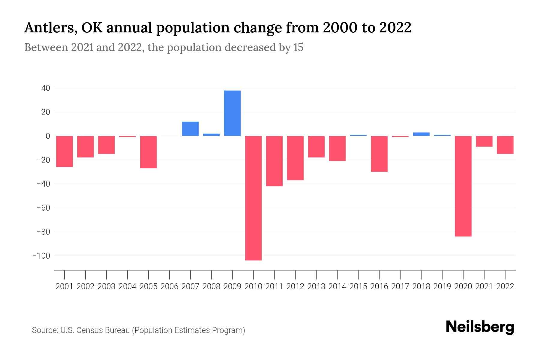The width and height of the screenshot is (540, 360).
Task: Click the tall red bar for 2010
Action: tap(253, 198)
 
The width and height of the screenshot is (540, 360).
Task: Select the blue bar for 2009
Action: tap(232, 113)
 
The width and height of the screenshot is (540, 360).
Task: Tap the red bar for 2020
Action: tap(463, 186)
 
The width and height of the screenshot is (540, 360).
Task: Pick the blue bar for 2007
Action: tap(190, 129)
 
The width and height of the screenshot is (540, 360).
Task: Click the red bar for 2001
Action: tap(64, 151)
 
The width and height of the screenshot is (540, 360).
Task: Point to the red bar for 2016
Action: tap(379, 154)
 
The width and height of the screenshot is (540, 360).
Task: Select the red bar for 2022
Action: tap(505, 145)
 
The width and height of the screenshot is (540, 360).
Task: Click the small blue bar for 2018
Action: tap(421, 134)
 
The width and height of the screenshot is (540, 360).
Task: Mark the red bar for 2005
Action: tap(148, 152)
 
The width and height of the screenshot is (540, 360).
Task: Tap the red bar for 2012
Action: tap(295, 158)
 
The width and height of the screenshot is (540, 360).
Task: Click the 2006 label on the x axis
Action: tap(169, 286)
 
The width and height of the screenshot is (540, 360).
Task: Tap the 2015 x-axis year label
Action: tap(358, 286)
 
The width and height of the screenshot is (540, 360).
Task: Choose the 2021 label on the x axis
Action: tap(484, 286)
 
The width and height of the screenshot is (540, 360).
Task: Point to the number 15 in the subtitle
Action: tap(298, 47)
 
